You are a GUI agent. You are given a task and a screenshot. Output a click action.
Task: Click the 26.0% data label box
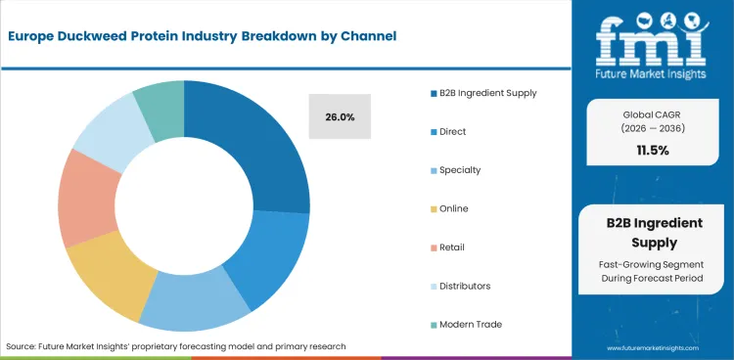click(340, 117)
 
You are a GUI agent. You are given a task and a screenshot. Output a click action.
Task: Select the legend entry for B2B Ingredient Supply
click(475, 93)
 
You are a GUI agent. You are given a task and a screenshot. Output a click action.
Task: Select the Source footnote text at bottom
click(176, 346)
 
